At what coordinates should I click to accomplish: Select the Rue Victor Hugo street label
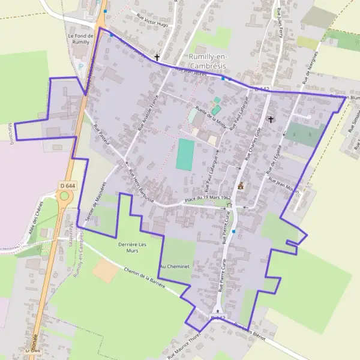tap(152, 21)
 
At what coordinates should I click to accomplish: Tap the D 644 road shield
tap(67, 187)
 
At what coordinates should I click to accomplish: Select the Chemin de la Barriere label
tap(147, 276)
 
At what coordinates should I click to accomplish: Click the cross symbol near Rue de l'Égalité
tap(271, 119)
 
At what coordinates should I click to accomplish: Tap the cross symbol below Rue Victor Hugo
tap(157, 58)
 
